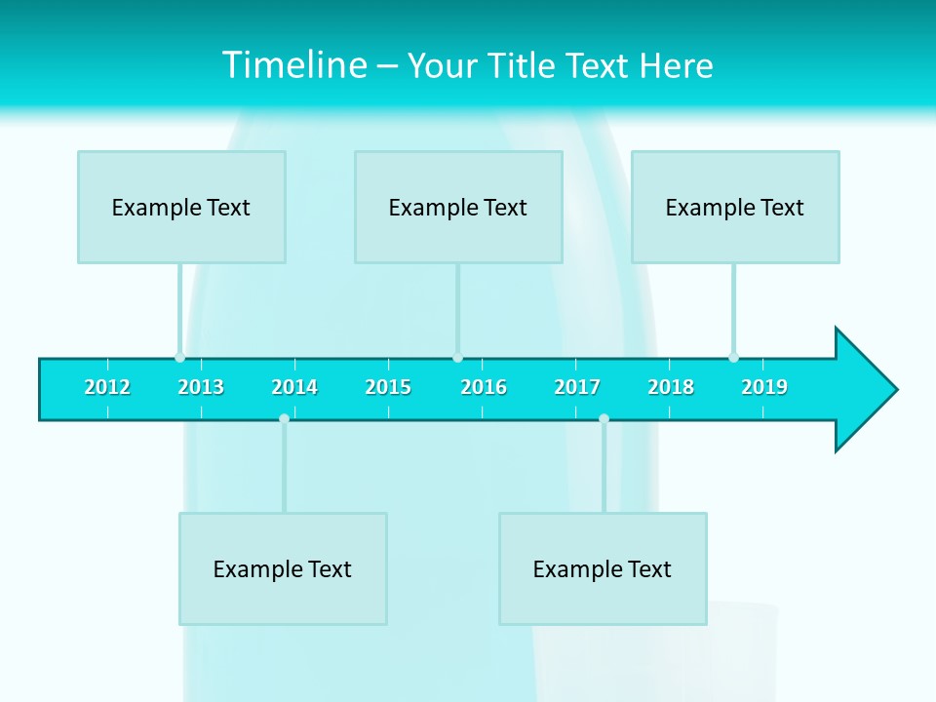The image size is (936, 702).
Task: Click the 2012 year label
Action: pyautogui.click(x=107, y=387)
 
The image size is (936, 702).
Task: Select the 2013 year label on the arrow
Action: pyautogui.click(x=201, y=387)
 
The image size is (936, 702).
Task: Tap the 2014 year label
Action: pyautogui.click(x=294, y=387)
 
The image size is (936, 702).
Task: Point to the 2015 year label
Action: pyautogui.click(x=388, y=387)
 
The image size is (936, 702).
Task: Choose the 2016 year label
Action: pyautogui.click(x=484, y=387)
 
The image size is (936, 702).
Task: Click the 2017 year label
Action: pyautogui.click(x=577, y=387)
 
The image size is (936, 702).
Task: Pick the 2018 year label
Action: pyautogui.click(x=671, y=387)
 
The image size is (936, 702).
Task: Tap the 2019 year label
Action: pyautogui.click(x=764, y=387)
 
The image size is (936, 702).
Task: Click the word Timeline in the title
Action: pyautogui.click(x=295, y=65)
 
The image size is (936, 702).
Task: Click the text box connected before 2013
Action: pyautogui.click(x=181, y=207)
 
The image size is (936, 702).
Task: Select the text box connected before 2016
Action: pyautogui.click(x=458, y=207)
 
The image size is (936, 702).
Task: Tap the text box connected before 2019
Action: pyautogui.click(x=735, y=207)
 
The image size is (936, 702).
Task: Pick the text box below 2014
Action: pyautogui.click(x=283, y=568)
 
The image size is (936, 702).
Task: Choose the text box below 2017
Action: pyautogui.click(x=603, y=568)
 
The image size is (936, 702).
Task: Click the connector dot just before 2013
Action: pyautogui.click(x=179, y=357)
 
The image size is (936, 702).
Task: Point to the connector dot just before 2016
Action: pyautogui.click(x=457, y=357)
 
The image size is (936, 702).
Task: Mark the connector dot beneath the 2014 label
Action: pyautogui.click(x=284, y=418)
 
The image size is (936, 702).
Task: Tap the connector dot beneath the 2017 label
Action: pyautogui.click(x=604, y=418)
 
